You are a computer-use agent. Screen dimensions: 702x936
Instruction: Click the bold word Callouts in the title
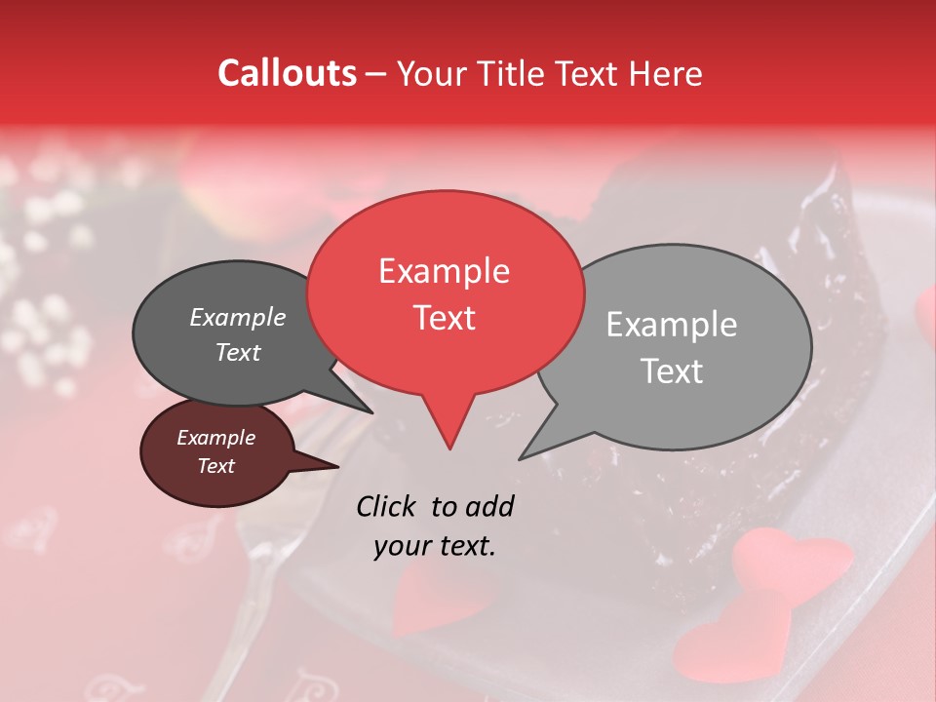point(287,73)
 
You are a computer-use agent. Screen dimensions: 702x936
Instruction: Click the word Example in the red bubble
point(445,271)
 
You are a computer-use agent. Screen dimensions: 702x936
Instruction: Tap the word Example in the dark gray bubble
point(238,318)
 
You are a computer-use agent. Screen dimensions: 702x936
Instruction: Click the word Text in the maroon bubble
point(216,466)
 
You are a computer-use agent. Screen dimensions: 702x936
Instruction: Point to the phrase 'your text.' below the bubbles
point(435,546)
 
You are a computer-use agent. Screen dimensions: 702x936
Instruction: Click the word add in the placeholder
point(489,506)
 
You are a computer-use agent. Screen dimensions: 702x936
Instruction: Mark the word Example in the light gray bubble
point(671,325)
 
